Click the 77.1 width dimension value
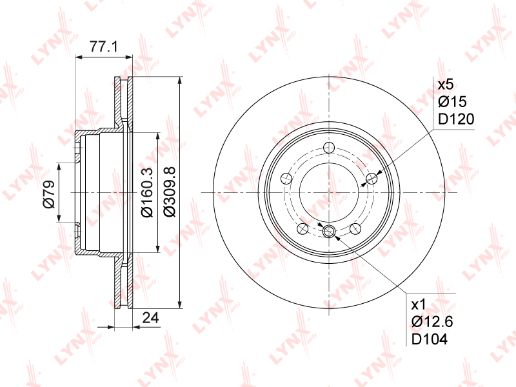[104, 46]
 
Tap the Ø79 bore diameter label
[49, 194]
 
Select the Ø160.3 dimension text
[147, 192]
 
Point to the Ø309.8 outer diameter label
[170, 192]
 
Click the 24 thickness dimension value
[150, 318]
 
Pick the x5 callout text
[446, 84]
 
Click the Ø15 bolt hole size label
[453, 102]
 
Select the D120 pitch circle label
[456, 119]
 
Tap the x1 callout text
[419, 304]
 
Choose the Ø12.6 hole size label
[432, 321]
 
